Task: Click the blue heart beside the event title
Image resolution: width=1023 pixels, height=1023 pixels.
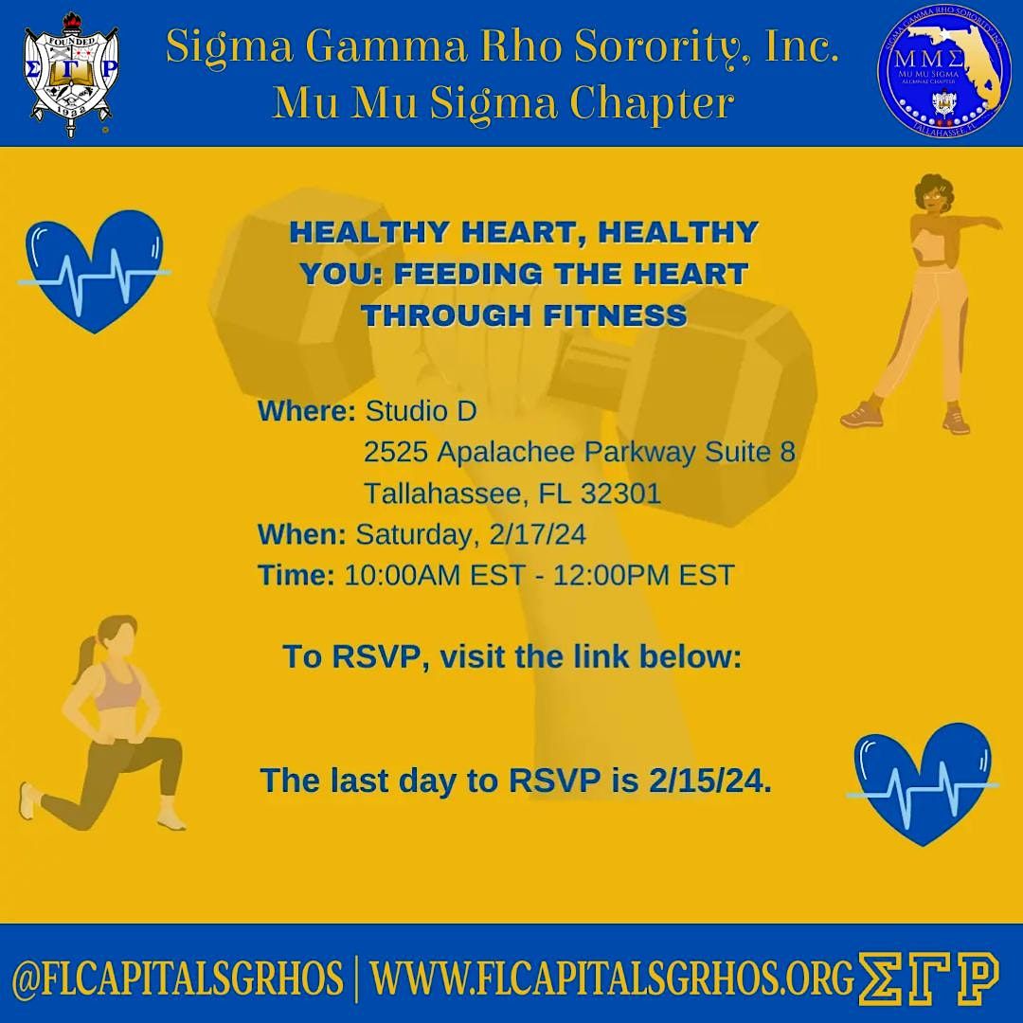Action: (x=94, y=270)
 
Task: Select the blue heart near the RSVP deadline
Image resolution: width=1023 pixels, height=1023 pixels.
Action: (x=922, y=781)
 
